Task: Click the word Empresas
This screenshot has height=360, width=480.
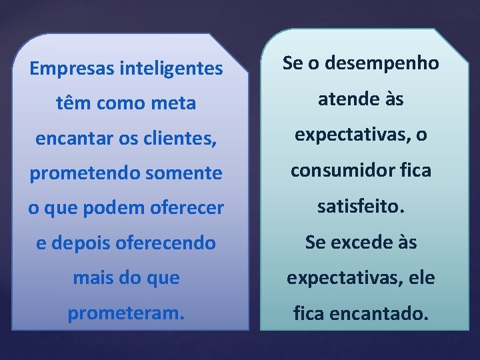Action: [x=72, y=68]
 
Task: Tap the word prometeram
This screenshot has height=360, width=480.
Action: [x=125, y=313]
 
